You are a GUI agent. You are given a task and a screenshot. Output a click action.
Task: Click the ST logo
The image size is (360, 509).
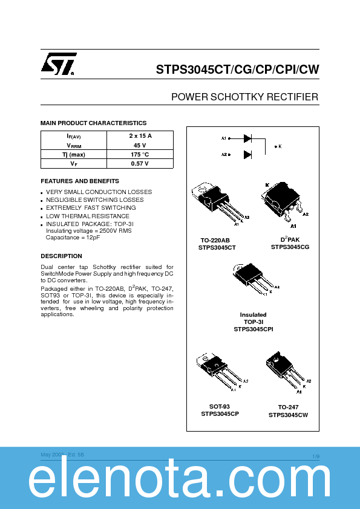59,64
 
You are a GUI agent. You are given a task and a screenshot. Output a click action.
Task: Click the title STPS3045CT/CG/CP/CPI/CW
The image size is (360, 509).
237,70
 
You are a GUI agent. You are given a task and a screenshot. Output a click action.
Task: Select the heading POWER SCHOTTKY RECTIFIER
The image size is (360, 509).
244,97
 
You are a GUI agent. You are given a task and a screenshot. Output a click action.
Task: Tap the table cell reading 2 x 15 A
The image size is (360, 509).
140,136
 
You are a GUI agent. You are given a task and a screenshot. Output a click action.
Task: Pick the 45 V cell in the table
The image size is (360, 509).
140,145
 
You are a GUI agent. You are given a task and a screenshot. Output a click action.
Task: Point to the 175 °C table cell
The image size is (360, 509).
140,154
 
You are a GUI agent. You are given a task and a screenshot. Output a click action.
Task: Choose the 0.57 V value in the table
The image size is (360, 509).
140,163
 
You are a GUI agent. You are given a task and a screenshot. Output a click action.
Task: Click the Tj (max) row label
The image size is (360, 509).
73,154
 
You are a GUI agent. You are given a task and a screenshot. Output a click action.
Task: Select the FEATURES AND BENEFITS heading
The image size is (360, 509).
79,181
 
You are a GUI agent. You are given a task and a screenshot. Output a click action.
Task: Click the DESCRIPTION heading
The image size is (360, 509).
61,256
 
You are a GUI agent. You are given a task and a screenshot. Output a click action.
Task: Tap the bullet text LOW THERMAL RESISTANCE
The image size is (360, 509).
88,216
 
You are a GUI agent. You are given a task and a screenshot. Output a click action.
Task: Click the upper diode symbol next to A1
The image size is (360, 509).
247,138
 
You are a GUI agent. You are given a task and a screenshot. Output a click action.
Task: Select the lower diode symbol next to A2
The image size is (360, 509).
247,155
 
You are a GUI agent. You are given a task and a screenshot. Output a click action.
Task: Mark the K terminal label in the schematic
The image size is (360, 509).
280,146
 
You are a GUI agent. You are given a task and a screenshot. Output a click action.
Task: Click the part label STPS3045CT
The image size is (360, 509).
217,247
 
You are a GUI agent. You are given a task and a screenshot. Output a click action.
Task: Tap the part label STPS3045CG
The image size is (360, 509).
290,247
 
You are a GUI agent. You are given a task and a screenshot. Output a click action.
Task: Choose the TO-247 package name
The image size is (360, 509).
288,407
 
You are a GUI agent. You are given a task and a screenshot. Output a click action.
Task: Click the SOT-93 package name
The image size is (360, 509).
220,406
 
